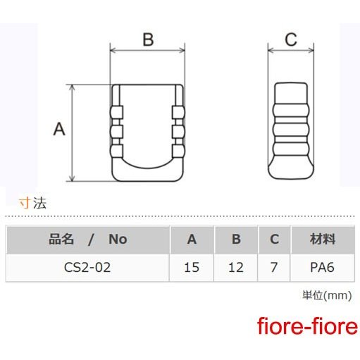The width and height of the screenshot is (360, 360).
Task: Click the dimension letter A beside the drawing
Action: click(59, 129)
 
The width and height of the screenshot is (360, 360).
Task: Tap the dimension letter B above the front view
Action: click(148, 39)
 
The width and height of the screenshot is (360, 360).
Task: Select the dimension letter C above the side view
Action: click(291, 39)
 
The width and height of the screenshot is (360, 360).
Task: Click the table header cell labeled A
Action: click(192, 240)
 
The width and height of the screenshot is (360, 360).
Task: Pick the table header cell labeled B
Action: click(236, 240)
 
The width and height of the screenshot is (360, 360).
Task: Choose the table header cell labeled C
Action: click(274, 240)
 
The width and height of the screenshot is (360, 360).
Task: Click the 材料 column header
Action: click(323, 240)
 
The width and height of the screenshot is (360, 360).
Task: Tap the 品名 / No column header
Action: click(87, 240)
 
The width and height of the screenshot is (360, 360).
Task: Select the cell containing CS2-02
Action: click(87, 267)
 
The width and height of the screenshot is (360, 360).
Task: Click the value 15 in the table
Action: click(192, 267)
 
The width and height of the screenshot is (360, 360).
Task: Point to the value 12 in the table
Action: click(236, 267)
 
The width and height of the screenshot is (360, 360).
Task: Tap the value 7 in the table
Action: click(274, 267)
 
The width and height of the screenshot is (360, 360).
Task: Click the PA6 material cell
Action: click(322, 267)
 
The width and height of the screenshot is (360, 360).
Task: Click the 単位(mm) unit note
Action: click(327, 295)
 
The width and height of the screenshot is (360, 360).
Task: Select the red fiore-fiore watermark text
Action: click(307, 326)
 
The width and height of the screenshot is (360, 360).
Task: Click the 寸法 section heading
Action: click(32, 203)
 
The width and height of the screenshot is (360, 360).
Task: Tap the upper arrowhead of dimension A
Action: click(73, 87)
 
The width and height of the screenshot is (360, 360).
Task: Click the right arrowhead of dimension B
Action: click(182, 50)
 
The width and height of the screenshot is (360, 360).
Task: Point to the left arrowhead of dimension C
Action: click(271, 50)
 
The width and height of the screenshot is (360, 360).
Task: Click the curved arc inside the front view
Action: click(148, 168)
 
